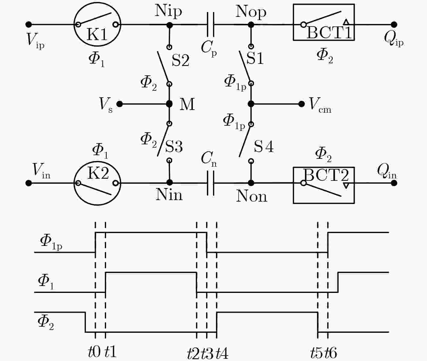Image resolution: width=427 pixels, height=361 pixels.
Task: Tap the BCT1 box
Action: coord(293,22)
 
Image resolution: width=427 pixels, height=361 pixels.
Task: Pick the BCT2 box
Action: coord(293,185)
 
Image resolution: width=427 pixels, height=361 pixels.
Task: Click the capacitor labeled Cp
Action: coord(211,25)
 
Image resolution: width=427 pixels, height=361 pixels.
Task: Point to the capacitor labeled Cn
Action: coord(211,183)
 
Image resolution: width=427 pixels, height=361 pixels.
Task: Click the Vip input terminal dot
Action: coord(29,25)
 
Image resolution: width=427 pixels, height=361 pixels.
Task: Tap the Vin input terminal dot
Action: coord(29,183)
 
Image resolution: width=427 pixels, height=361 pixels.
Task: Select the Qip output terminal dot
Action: coord(394,25)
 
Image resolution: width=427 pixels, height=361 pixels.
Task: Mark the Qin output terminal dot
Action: coord(394,183)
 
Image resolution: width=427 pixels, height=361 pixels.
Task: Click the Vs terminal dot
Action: coord(119,104)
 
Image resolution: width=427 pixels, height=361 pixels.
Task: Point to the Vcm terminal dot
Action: coord(301,104)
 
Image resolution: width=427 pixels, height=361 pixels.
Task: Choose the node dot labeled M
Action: coord(169,104)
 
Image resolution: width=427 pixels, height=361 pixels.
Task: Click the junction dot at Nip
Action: coord(169,25)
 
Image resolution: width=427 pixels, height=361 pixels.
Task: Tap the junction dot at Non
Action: coord(251,183)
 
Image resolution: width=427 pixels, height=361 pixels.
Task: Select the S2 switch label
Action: coord(180,61)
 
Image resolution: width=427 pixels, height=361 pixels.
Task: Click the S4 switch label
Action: coord(264,146)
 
